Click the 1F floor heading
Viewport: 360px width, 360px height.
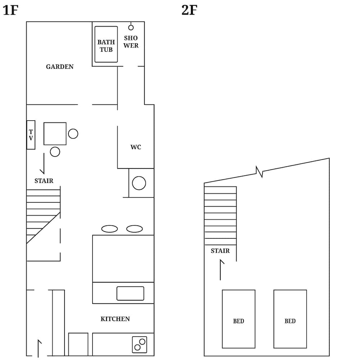coord(10,10)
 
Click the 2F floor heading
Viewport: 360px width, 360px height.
coord(189,10)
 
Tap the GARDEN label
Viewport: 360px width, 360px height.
coord(60,67)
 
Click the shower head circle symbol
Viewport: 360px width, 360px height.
coord(131,28)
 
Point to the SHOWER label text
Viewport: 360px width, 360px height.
coord(131,42)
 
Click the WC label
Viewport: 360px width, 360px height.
coord(136,147)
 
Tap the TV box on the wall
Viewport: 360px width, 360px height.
coord(31,135)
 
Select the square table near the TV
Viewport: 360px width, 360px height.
coord(55,134)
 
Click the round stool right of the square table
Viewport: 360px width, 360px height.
coord(73,134)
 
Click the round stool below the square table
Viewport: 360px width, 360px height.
coord(55,152)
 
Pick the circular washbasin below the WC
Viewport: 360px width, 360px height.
coord(139,183)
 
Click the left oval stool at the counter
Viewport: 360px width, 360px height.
coord(109,229)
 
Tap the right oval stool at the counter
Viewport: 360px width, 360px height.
coord(135,229)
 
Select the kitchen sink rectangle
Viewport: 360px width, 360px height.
coord(130,293)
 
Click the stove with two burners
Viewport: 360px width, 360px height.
coord(140,345)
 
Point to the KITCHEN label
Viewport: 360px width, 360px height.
coord(115,319)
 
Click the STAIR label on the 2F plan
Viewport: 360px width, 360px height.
coord(220,251)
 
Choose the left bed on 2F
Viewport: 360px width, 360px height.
coord(239,319)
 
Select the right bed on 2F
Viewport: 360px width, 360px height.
coord(290,319)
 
